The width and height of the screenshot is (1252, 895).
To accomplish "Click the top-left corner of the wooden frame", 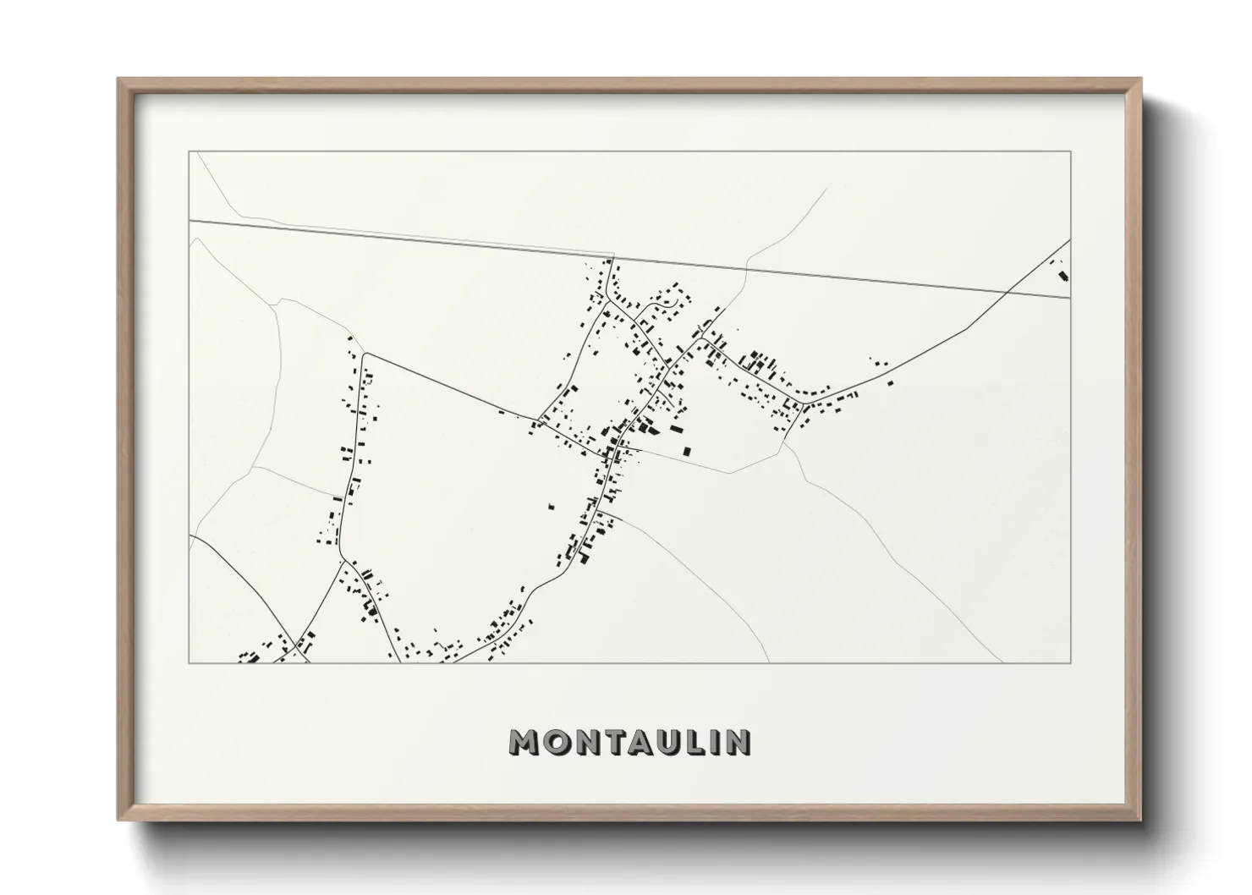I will pos(119,80).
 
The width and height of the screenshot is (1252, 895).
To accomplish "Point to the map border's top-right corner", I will pos(1070,151).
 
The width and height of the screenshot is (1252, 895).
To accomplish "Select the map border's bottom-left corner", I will pos(189,663).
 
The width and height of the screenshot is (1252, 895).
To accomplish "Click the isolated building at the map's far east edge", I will pos(1063,275).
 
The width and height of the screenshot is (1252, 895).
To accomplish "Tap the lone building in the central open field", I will pos(552,507).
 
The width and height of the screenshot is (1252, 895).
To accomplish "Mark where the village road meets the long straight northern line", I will pos(612,257).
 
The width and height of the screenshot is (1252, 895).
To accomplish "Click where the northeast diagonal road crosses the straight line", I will pos(1007,290).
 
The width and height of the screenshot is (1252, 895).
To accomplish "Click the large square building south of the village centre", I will pos(686,451).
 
